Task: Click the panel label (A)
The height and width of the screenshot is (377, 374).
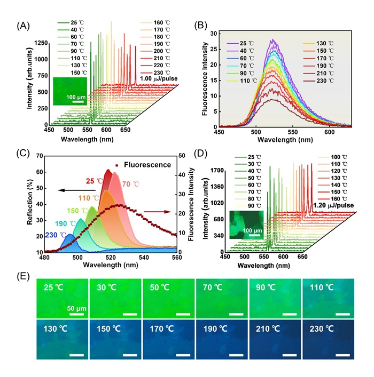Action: [22, 26]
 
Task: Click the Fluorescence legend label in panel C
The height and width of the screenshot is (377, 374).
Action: [147, 165]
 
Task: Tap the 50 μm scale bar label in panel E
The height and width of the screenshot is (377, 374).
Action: [77, 308]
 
